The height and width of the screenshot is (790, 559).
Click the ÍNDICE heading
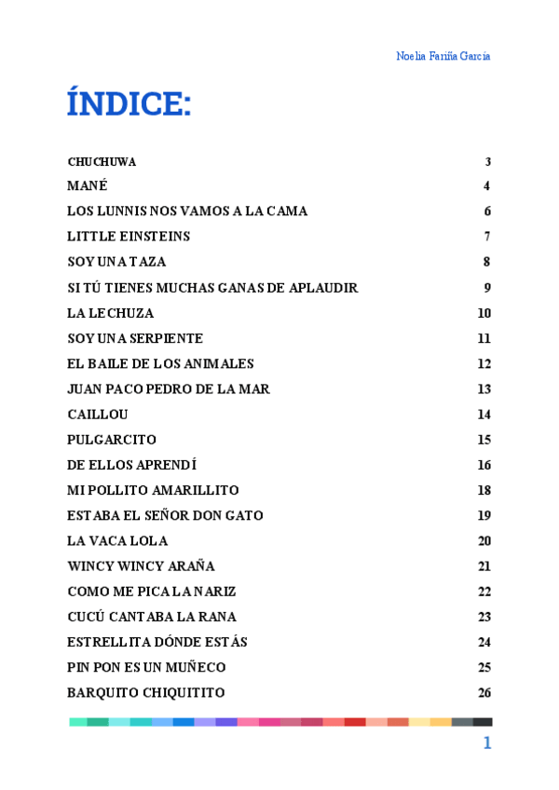(x=129, y=103)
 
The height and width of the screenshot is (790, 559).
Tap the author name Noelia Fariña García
(x=443, y=56)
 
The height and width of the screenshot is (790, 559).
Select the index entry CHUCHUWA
(x=102, y=161)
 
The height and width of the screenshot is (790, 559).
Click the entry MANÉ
(x=88, y=185)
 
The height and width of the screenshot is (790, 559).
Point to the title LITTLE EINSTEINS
(x=129, y=237)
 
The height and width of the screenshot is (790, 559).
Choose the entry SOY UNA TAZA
(x=116, y=262)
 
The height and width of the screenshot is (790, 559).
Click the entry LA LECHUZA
(x=110, y=313)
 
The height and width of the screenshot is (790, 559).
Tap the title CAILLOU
(x=98, y=415)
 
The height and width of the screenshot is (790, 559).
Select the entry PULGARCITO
(x=112, y=440)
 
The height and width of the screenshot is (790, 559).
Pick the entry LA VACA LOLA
(x=117, y=541)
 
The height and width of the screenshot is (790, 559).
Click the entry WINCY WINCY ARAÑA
(x=141, y=566)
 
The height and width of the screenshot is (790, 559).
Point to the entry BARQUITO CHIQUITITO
(x=145, y=693)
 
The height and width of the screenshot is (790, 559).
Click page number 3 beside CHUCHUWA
(x=487, y=161)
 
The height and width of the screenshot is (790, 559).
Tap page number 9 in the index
(x=487, y=288)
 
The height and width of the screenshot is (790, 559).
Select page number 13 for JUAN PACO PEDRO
(x=484, y=389)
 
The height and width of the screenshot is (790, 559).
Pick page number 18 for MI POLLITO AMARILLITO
(x=484, y=490)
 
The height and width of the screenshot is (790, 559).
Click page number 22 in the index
(x=484, y=592)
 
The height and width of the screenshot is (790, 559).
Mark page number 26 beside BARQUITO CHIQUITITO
(x=484, y=693)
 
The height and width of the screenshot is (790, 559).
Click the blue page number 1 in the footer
(x=486, y=742)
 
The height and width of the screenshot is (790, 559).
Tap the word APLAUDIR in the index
(x=323, y=288)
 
